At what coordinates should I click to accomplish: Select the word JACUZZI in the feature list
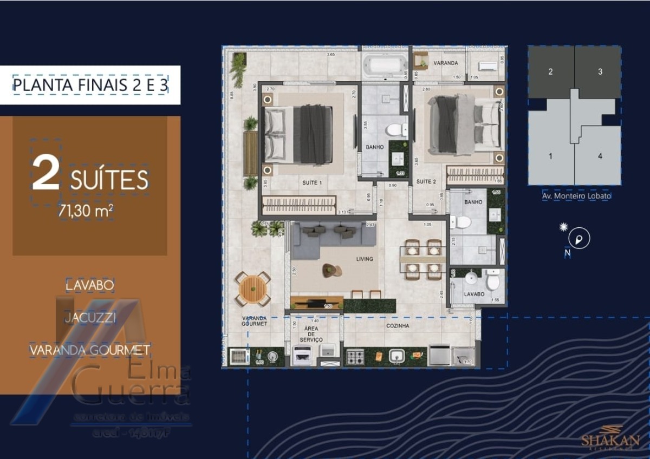coord(90,318)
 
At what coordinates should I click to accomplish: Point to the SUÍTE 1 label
coord(311,183)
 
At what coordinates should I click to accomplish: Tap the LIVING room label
coord(365,259)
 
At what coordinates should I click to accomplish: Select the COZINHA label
coord(397,326)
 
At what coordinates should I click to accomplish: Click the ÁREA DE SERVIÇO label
coord(311,334)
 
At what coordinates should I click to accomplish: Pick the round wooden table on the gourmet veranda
coord(253,289)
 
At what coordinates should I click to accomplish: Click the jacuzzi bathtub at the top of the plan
coord(384,65)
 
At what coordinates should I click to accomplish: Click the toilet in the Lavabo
coord(492,281)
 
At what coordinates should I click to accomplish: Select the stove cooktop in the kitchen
coord(355,356)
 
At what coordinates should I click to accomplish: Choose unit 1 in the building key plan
coord(550,156)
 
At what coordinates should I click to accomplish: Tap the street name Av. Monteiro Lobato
coord(576,196)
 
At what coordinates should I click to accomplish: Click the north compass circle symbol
coord(579,238)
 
